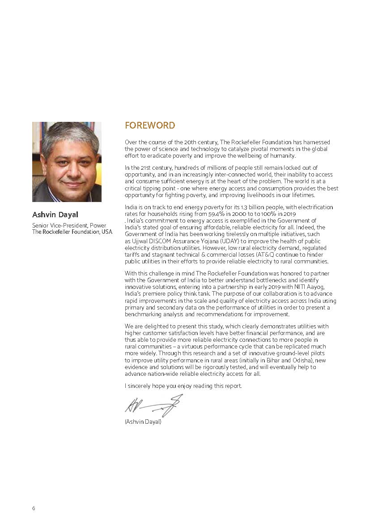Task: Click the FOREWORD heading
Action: pyautogui.click(x=150, y=125)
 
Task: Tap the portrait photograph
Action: pyautogui.click(x=67, y=162)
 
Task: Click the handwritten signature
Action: pyautogui.click(x=153, y=405)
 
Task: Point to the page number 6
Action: pyautogui.click(x=34, y=508)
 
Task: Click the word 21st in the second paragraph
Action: pyautogui.click(x=145, y=168)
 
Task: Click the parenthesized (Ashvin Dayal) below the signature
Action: pyautogui.click(x=143, y=421)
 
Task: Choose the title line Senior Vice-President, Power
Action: pyautogui.click(x=69, y=225)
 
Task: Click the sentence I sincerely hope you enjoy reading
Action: pyautogui.click(x=183, y=386)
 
